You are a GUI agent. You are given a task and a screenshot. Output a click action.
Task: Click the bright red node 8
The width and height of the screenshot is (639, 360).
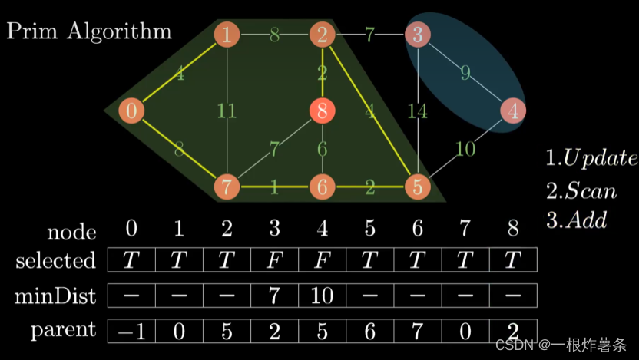click(x=322, y=111)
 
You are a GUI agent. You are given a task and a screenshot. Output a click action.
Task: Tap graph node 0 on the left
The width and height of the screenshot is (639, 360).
click(x=131, y=111)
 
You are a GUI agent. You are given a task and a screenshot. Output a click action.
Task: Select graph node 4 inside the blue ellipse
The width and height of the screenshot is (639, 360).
click(x=512, y=111)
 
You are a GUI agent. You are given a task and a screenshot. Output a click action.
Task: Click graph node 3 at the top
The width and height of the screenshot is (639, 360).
click(x=417, y=34)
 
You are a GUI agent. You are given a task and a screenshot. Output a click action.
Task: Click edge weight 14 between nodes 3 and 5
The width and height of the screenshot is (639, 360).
click(x=417, y=111)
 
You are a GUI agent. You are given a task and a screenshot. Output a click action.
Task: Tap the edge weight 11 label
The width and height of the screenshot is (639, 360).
click(x=227, y=111)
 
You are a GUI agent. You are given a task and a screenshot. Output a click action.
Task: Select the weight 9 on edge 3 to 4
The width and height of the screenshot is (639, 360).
click(x=465, y=74)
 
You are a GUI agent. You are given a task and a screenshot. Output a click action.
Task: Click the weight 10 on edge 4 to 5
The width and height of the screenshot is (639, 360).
click(x=466, y=149)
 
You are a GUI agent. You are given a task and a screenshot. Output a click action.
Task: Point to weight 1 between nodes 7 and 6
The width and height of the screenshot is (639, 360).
click(x=274, y=188)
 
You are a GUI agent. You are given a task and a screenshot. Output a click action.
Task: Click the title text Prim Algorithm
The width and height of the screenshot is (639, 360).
click(x=89, y=31)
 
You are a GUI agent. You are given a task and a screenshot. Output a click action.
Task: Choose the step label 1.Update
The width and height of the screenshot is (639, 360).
click(x=591, y=159)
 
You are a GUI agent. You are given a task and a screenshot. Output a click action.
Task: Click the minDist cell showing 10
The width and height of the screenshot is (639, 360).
click(x=322, y=296)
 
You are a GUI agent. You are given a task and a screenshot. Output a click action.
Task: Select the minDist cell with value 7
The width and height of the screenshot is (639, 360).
click(x=274, y=296)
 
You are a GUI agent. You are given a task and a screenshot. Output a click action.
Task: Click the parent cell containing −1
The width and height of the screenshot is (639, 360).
click(x=131, y=332)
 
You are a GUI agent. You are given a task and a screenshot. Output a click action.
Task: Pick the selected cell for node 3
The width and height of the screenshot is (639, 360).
click(x=274, y=260)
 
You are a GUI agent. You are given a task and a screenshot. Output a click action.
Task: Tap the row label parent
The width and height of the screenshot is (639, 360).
click(x=63, y=331)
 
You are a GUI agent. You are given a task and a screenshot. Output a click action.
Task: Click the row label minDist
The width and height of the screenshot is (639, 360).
click(x=57, y=296)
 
